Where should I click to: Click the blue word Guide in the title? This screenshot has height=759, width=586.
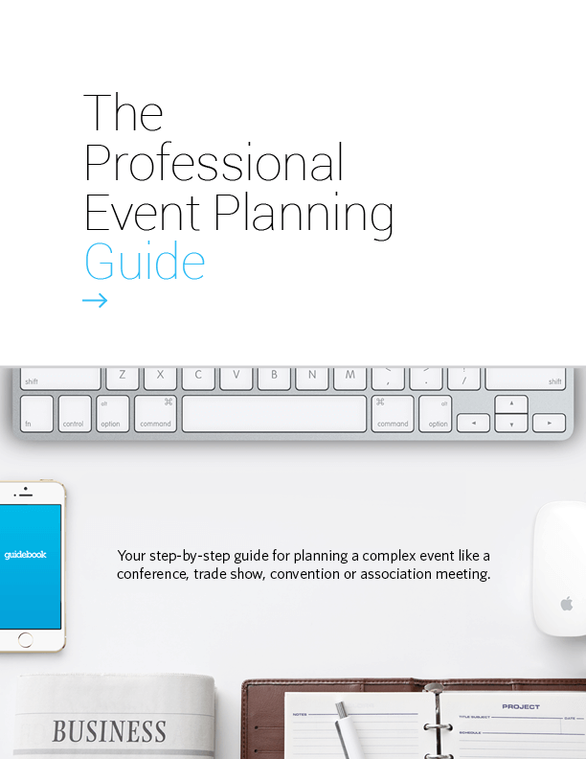(145, 261)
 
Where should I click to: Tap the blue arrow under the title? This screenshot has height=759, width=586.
(95, 301)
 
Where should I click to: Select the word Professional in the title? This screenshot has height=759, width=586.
(214, 163)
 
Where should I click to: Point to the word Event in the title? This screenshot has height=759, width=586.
(143, 213)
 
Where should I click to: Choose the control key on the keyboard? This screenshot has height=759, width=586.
(75, 414)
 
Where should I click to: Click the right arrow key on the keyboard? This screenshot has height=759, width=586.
(549, 422)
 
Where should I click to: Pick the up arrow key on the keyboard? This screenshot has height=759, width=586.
(511, 403)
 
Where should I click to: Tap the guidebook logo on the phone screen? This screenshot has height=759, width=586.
(25, 554)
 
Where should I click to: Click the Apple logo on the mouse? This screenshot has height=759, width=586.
(566, 603)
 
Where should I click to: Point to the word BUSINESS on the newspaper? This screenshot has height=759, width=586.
(108, 731)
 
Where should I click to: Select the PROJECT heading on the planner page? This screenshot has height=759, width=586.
(520, 706)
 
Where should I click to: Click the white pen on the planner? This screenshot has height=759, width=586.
(349, 733)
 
